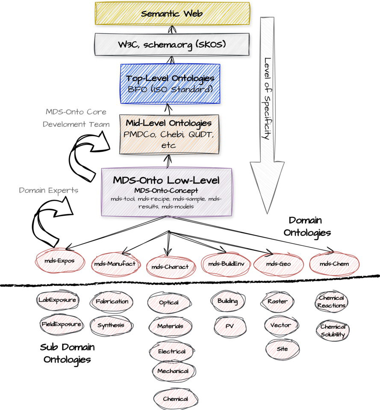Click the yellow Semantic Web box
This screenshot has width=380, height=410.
point(172,14)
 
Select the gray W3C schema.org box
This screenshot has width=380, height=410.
point(171,44)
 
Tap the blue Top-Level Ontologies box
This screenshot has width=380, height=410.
point(170,84)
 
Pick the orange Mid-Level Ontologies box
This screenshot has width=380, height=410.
point(169,134)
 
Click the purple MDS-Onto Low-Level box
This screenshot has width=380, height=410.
point(167,192)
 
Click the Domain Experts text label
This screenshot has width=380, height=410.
point(49,190)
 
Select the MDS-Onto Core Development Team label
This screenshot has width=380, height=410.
point(75,118)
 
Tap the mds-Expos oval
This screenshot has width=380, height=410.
point(60,261)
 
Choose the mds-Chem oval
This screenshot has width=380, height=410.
point(334,264)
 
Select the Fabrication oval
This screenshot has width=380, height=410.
point(112,302)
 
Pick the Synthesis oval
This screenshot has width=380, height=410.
point(111,325)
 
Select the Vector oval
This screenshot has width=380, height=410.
point(280,325)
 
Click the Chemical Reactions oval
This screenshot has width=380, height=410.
point(332,302)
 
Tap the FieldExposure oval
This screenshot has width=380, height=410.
point(62,325)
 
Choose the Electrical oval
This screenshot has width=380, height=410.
point(172,351)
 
